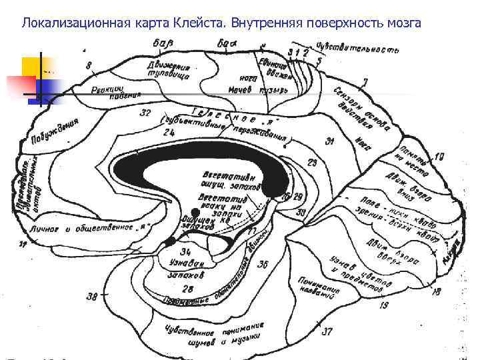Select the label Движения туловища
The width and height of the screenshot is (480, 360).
[x=169, y=71]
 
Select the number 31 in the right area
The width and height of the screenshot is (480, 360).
[x=329, y=141]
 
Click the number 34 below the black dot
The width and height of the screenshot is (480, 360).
[x=187, y=251]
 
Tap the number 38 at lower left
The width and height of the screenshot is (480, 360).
[x=92, y=296]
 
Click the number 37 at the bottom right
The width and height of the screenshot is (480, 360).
[x=327, y=331]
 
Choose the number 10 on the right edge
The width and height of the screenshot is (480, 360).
[x=438, y=157]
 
